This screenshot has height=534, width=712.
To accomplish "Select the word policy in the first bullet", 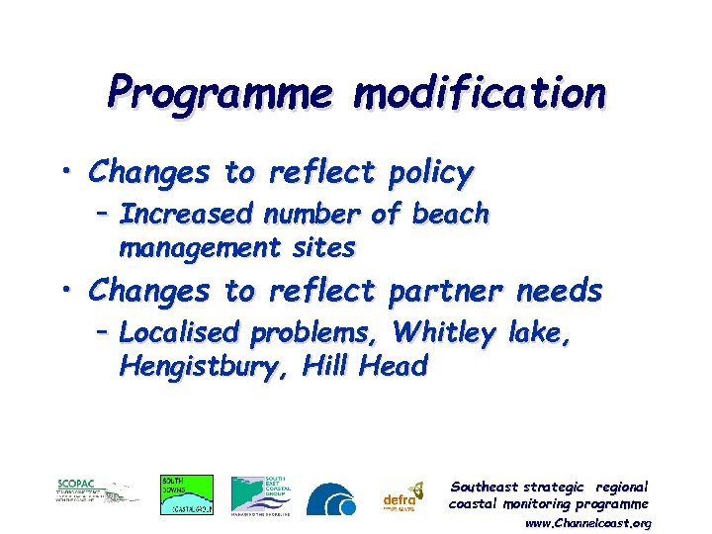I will (x=430, y=174).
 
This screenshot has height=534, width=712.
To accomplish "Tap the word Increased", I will (x=183, y=214).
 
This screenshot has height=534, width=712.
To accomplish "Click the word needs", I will (x=560, y=291).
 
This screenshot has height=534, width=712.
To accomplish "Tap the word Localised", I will (x=181, y=333).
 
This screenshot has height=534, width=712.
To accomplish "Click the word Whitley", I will (x=443, y=333).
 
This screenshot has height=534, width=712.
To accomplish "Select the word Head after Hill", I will (x=395, y=367).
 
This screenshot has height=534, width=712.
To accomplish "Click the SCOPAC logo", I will (x=97, y=491).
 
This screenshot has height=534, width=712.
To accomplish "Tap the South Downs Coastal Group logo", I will (x=186, y=494).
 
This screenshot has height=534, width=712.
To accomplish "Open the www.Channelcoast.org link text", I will (x=587, y=522).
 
